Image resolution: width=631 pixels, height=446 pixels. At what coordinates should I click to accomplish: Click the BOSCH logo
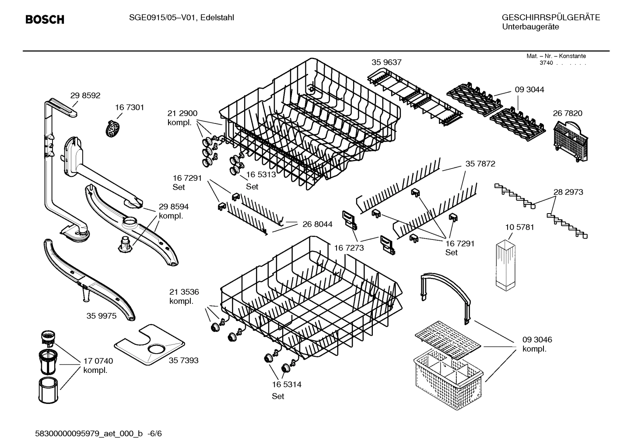click(x=45, y=20)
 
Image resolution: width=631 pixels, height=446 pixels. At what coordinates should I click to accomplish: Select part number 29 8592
click(x=85, y=95)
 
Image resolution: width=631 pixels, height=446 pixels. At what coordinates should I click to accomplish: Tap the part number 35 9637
click(x=386, y=62)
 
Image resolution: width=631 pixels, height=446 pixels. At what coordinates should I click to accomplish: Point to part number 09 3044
click(x=529, y=89)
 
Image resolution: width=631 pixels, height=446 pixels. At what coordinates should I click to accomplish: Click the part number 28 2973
click(x=568, y=192)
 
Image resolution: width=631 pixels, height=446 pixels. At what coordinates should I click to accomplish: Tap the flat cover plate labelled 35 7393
click(x=148, y=345)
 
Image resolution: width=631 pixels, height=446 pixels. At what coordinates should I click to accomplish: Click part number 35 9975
click(x=102, y=316)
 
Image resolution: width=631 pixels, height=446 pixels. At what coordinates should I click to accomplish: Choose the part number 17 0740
click(x=98, y=361)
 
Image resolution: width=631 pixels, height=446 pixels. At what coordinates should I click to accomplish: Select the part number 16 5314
click(x=287, y=384)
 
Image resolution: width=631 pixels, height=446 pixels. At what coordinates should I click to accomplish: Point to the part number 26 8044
click(x=317, y=224)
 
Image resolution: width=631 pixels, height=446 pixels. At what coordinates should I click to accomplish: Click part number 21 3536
click(x=184, y=292)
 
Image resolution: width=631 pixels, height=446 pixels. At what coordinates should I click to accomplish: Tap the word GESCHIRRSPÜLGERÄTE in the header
click(x=550, y=18)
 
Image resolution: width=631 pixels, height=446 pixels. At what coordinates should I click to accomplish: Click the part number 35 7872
click(x=480, y=164)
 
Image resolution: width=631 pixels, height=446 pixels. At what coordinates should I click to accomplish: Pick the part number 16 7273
click(x=349, y=248)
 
